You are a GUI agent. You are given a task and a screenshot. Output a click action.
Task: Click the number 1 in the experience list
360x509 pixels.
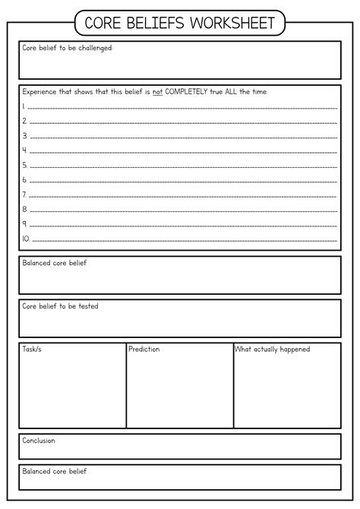(24, 106)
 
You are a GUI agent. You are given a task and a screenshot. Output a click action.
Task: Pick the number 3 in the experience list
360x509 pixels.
(25, 135)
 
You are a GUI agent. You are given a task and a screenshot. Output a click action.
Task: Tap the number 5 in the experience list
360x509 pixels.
(25, 165)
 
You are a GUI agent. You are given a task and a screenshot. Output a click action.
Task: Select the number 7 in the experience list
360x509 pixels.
(25, 194)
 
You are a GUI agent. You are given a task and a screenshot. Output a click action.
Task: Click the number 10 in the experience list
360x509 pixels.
(26, 239)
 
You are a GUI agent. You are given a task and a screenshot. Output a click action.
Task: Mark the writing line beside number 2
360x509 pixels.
(182, 122)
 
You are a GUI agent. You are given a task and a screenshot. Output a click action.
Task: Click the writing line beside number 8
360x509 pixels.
(182, 210)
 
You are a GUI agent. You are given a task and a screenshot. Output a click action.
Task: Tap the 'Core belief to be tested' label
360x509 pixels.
(60, 306)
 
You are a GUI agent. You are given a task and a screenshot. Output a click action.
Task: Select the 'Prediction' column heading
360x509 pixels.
(144, 349)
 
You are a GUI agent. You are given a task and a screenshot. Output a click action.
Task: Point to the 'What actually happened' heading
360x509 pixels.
(272, 349)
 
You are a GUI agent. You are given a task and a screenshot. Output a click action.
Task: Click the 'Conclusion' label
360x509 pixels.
(39, 441)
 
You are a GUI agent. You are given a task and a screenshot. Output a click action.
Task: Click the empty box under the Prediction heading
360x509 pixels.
(179, 391)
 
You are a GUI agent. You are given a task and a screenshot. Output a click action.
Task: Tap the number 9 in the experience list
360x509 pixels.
(25, 224)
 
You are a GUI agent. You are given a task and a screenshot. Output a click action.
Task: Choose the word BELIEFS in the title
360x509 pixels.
(155, 24)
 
